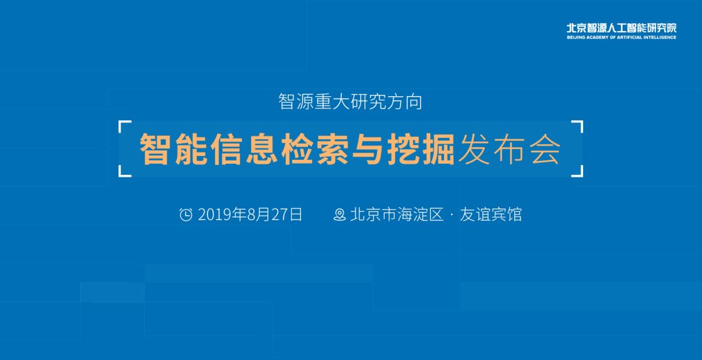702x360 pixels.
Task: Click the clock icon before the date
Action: (x=186, y=215)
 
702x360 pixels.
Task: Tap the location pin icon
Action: (x=340, y=215)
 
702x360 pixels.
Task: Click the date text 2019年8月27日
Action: (x=250, y=214)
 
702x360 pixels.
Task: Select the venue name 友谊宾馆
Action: (x=491, y=214)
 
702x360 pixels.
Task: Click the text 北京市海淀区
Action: (x=396, y=214)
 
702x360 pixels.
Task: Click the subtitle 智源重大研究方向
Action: (x=350, y=101)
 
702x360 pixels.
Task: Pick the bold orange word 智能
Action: (x=174, y=149)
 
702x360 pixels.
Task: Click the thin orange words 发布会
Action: (x=510, y=149)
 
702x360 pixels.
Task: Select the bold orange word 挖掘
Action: (x=421, y=149)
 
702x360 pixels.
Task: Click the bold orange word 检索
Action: (x=315, y=149)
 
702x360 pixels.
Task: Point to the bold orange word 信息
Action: (x=244, y=149)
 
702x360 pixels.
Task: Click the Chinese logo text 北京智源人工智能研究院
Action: (x=621, y=28)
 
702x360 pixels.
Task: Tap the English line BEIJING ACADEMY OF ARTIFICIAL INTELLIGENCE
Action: (x=621, y=38)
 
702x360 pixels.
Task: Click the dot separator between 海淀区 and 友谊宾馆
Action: (x=451, y=215)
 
